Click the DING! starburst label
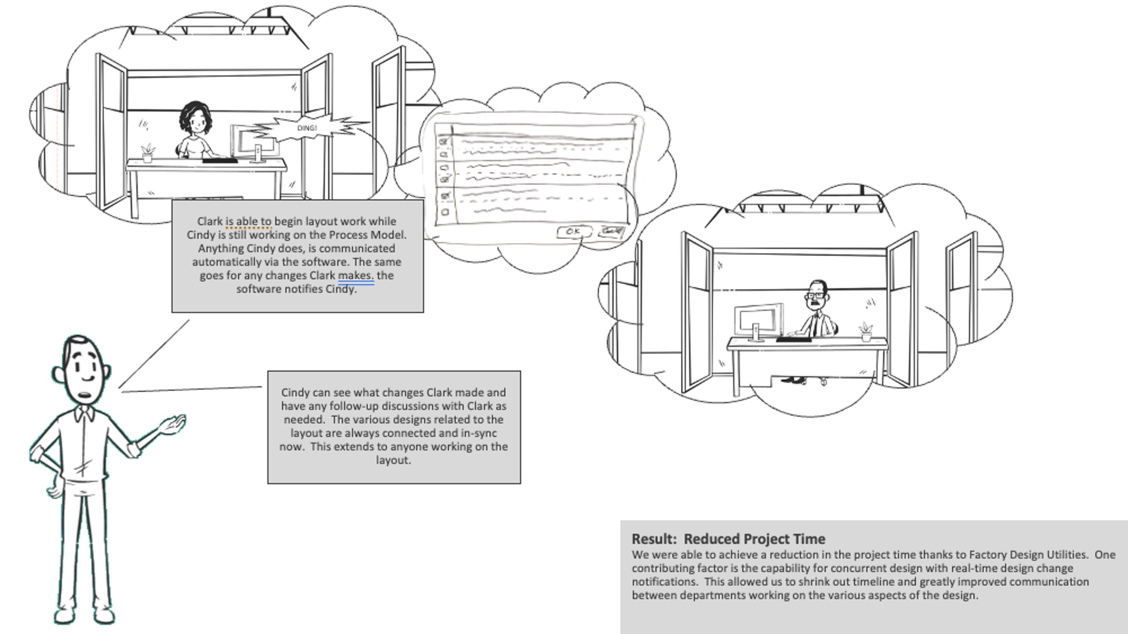pyautogui.click(x=307, y=128)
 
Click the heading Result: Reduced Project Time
pyautogui.click(x=728, y=539)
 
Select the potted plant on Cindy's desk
pyautogui.click(x=147, y=153)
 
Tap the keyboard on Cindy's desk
pyautogui.click(x=220, y=160)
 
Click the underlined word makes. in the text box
pyautogui.click(x=355, y=275)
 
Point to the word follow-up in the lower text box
pyautogui.click(x=354, y=406)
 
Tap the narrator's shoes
pyautogui.click(x=85, y=616)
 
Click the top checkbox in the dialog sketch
pyautogui.click(x=444, y=141)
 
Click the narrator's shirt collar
pyautogui.click(x=84, y=414)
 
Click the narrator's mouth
pyautogui.click(x=86, y=395)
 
